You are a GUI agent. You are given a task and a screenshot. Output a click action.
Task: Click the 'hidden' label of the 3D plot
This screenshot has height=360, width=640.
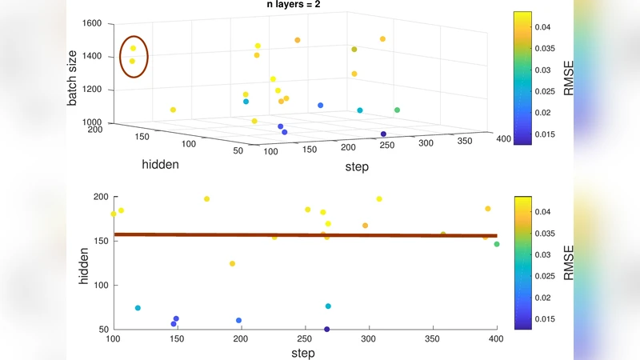pos(160,164)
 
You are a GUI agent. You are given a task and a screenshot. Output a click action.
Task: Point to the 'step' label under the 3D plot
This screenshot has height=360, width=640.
pos(356,167)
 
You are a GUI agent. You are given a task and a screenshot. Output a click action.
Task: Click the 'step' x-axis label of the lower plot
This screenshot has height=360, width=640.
pos(302,353)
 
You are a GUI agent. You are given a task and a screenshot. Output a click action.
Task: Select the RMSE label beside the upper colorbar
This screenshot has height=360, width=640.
pos(569,78)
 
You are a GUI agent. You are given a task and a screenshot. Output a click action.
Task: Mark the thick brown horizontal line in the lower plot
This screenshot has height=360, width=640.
pos(304,235)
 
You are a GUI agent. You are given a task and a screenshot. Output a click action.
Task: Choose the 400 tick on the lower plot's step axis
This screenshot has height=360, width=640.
pos(496,339)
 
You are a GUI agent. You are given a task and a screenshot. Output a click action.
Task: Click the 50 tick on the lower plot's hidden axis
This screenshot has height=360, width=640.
pos(102,329)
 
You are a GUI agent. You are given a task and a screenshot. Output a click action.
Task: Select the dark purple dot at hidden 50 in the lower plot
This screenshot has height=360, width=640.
pos(327,329)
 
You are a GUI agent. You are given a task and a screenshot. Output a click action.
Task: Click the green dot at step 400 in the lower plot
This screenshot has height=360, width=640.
pos(497,244)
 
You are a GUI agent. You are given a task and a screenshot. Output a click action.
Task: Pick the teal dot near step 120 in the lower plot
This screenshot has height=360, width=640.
pos(138,308)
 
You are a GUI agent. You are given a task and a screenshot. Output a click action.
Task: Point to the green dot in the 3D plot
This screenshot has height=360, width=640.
pos(398,110)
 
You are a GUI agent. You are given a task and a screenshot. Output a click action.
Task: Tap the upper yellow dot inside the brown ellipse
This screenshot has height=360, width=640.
pos(134,49)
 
